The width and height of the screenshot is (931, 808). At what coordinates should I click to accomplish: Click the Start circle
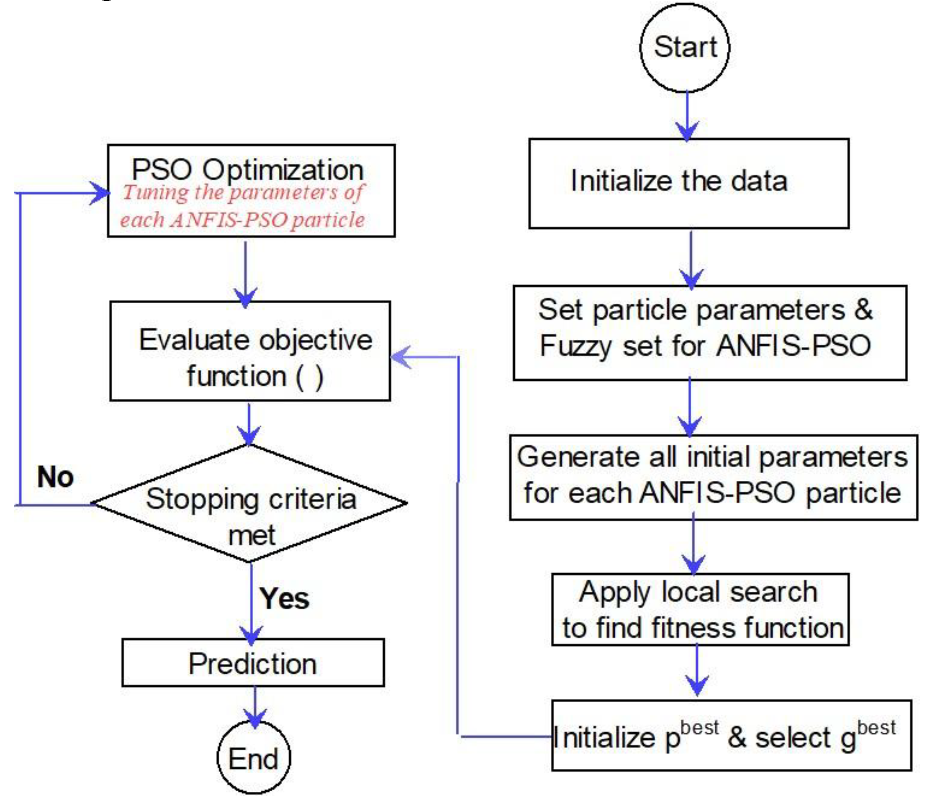coord(685,47)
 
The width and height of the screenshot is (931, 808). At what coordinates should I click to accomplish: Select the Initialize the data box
coord(689,183)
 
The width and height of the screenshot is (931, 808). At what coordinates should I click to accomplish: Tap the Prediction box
coord(253,664)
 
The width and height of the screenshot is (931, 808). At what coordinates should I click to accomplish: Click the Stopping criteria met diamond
coord(250,504)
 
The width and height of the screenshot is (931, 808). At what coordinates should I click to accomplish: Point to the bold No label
coord(55,477)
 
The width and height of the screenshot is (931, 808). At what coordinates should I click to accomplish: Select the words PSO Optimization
coord(247,170)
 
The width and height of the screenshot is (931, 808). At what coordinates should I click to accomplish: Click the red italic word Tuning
coord(156,193)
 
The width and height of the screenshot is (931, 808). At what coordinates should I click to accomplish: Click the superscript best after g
coord(876,728)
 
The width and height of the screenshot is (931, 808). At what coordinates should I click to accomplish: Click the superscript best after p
coord(699,728)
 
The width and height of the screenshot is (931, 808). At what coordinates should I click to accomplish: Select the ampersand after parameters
coord(863,310)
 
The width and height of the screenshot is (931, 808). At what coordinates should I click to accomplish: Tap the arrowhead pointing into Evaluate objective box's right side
coord(400,357)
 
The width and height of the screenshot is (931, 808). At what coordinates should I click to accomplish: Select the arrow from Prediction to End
coord(255,706)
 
